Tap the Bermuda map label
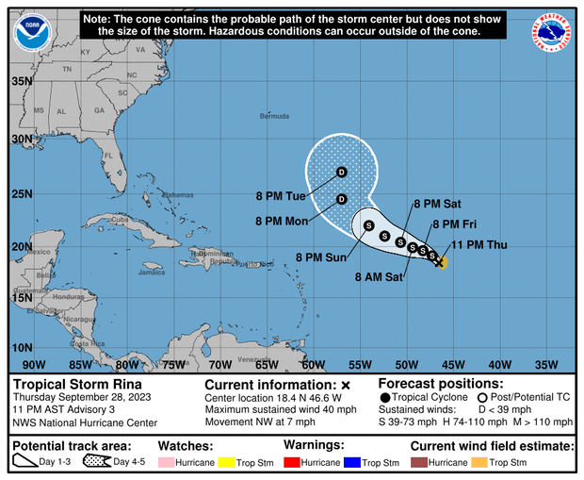coord(275,116)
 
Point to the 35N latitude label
coord(22,82)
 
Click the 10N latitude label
coord(22,349)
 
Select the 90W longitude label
coord(34,365)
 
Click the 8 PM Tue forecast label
coord(281,196)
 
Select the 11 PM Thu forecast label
coord(481,245)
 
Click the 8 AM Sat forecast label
coord(381,277)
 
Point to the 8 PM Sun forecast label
coord(321,257)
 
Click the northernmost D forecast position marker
coord(342,172)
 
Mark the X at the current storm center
coord(440,262)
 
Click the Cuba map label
coord(120,219)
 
